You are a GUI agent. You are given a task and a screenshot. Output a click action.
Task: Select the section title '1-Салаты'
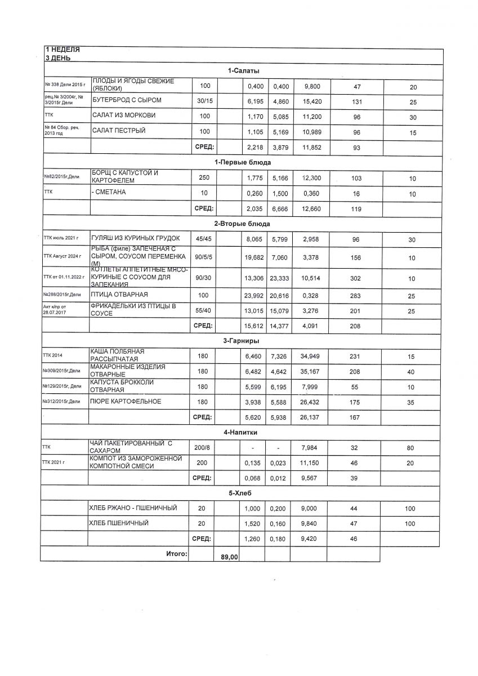(244, 70)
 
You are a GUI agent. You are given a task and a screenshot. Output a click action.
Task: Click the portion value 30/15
(204, 100)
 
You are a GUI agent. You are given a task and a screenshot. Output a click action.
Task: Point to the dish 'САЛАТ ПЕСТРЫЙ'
(119, 131)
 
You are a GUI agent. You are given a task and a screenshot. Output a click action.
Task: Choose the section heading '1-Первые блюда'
(243, 162)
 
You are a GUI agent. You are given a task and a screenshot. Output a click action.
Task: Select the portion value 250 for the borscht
(204, 178)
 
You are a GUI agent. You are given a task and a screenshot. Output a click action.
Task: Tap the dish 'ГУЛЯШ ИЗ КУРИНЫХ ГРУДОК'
(136, 239)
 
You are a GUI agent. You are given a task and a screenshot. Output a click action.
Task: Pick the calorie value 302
(356, 278)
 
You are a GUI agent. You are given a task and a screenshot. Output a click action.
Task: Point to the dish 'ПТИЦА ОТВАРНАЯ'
(119, 295)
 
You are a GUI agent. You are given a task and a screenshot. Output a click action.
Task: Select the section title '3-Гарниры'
(243, 340)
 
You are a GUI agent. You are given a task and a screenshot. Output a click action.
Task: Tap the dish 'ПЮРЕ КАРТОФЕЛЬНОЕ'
(125, 402)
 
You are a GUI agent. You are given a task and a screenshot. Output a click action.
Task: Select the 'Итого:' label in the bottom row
(176, 554)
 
